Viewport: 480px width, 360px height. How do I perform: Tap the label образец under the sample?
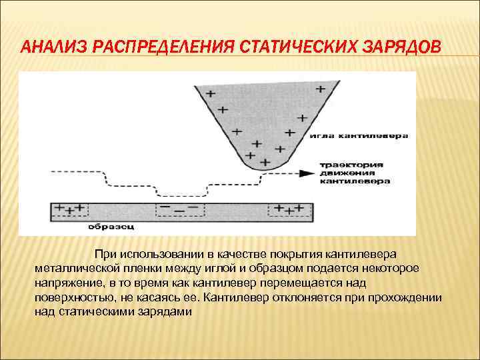(111, 227)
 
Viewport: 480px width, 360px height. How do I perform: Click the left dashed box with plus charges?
(71, 209)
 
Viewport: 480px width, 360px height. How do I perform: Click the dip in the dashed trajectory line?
(181, 194)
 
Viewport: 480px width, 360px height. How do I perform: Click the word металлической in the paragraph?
(76, 269)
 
